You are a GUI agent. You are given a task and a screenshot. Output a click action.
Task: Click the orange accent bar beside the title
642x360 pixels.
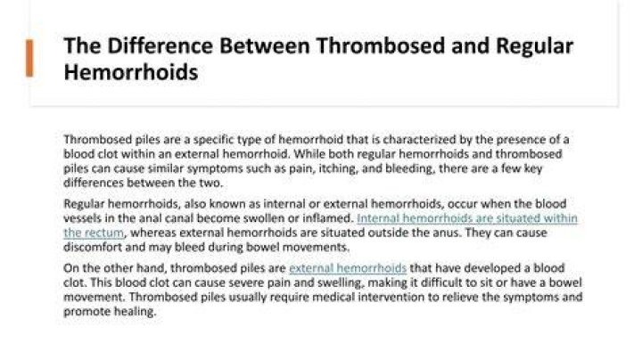pos(29,58)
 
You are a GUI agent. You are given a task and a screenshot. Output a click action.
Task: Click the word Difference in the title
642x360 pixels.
pos(160,45)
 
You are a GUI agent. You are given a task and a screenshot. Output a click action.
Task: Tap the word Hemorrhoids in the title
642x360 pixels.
pos(131,72)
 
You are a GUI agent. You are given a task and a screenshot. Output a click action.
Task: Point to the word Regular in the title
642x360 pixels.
pos(534,46)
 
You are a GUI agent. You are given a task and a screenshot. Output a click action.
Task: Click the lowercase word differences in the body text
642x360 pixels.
pos(94,183)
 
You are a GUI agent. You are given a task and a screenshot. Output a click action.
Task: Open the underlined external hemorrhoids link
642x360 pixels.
pos(348,268)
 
